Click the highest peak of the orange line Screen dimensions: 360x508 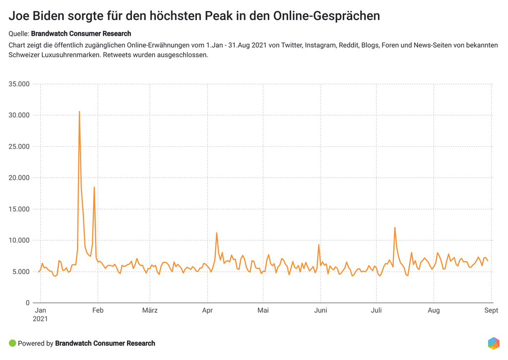pyautogui.click(x=79, y=112)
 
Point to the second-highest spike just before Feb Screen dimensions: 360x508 pyautogui.click(x=94, y=187)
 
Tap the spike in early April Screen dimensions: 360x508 pyautogui.click(x=217, y=233)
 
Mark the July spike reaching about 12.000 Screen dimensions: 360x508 pyautogui.click(x=395, y=227)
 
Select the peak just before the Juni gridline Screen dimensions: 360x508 pyautogui.click(x=318, y=244)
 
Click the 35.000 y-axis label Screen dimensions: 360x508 pyautogui.click(x=19, y=84)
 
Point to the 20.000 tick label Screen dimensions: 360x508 pyautogui.click(x=19, y=178)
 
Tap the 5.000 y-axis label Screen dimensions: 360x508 pyautogui.click(x=21, y=272)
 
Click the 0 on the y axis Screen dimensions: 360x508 pyautogui.click(x=28, y=303)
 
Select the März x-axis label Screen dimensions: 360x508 pyautogui.click(x=149, y=311)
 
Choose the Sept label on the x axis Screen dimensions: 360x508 pyautogui.click(x=491, y=311)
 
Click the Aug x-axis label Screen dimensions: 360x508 pyautogui.click(x=434, y=311)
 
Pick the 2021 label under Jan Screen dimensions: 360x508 pyautogui.click(x=40, y=319)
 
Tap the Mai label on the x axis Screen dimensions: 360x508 pyautogui.click(x=263, y=311)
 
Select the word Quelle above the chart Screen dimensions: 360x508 pyautogui.click(x=18, y=34)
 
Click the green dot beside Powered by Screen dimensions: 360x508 pyautogui.click(x=12, y=343)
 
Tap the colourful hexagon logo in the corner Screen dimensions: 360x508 pyautogui.click(x=494, y=343)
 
